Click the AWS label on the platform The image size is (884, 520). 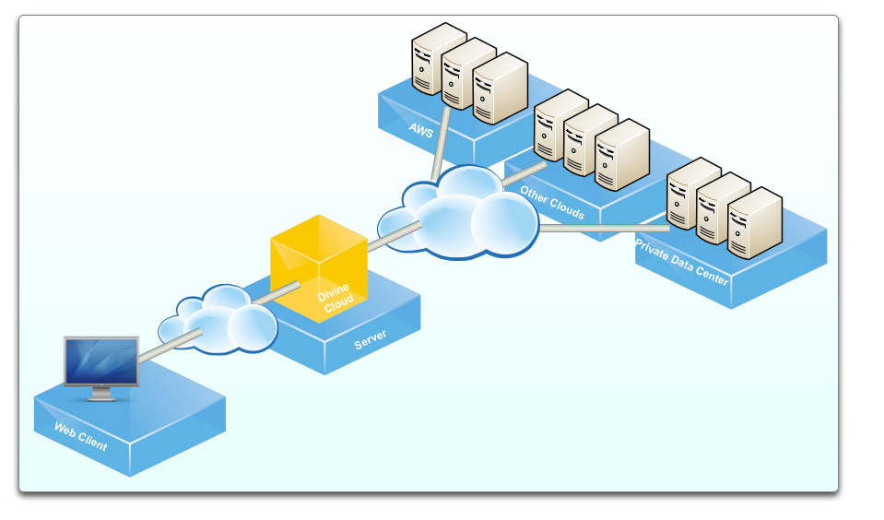421,130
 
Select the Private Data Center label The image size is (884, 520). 682,263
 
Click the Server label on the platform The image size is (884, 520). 371,338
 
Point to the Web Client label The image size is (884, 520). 80,437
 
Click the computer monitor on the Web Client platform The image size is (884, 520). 100,361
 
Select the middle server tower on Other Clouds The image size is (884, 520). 590,139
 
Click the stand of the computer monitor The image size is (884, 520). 100,395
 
